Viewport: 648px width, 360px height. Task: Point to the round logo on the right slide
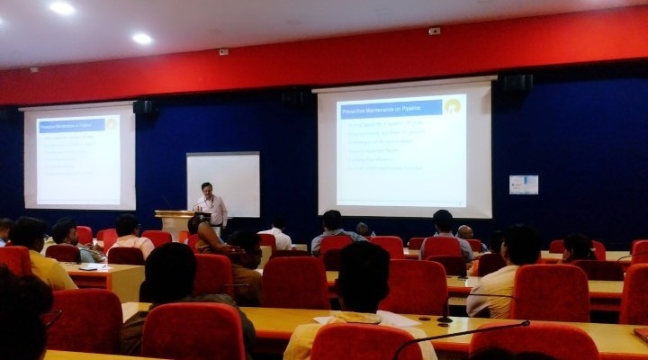click(x=452, y=106)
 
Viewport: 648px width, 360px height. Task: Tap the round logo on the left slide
click(x=111, y=124)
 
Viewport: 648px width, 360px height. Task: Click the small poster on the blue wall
click(x=523, y=184)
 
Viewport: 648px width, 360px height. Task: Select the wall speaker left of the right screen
click(x=297, y=99)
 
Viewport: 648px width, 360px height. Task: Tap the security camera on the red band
click(x=435, y=31)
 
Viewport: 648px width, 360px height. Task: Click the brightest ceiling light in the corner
click(x=62, y=8)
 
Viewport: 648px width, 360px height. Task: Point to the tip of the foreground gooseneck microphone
click(x=525, y=323)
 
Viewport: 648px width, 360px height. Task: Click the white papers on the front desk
click(x=396, y=319)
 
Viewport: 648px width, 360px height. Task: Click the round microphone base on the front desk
click(x=444, y=319)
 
